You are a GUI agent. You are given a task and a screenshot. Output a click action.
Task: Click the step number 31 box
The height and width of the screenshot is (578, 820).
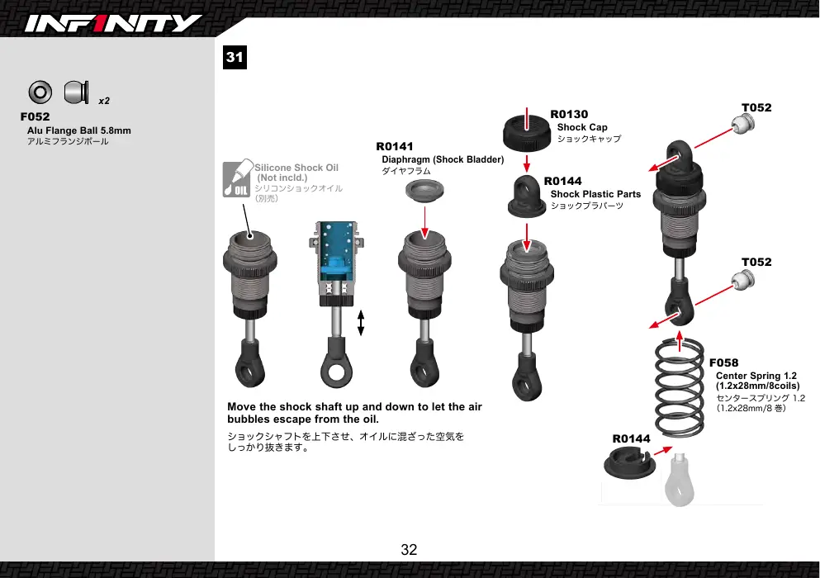(x=235, y=57)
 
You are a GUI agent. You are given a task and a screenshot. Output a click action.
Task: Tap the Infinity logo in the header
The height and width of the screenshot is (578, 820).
(x=113, y=24)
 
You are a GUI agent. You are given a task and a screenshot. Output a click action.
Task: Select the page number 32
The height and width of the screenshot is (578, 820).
(x=409, y=549)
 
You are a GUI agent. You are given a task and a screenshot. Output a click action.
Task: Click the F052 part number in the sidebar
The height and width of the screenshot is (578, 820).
(x=35, y=116)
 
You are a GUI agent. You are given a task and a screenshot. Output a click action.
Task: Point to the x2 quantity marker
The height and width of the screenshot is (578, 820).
(x=104, y=101)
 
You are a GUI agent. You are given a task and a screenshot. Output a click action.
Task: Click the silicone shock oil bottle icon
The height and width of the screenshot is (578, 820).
(x=237, y=178)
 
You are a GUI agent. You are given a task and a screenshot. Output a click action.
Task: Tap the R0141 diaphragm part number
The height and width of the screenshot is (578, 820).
(x=395, y=146)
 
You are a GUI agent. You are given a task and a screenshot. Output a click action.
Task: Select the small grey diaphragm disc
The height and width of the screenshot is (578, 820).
(x=424, y=190)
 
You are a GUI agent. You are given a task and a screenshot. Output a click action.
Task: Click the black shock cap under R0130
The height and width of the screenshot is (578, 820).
(x=527, y=133)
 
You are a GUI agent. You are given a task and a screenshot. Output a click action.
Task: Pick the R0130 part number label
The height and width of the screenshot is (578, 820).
(x=569, y=114)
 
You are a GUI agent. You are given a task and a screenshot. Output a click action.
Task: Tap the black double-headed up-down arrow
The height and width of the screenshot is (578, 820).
(x=361, y=323)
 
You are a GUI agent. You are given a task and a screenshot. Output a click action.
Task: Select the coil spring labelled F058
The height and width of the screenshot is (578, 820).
(x=680, y=387)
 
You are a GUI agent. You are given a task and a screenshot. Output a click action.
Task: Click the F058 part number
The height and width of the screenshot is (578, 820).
(x=723, y=362)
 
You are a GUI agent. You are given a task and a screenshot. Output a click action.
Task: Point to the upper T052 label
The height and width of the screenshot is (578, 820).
(x=756, y=107)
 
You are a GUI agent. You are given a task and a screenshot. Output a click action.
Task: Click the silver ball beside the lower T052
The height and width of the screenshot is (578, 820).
(x=743, y=281)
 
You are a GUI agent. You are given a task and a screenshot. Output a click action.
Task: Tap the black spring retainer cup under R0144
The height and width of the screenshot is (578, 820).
(x=629, y=462)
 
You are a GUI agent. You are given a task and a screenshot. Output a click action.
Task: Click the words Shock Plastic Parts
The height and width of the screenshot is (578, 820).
(x=595, y=194)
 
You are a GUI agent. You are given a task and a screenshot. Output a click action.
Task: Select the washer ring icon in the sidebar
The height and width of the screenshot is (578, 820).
(x=40, y=92)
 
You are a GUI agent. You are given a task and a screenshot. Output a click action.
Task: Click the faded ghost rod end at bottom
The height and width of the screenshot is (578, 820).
(x=680, y=481)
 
